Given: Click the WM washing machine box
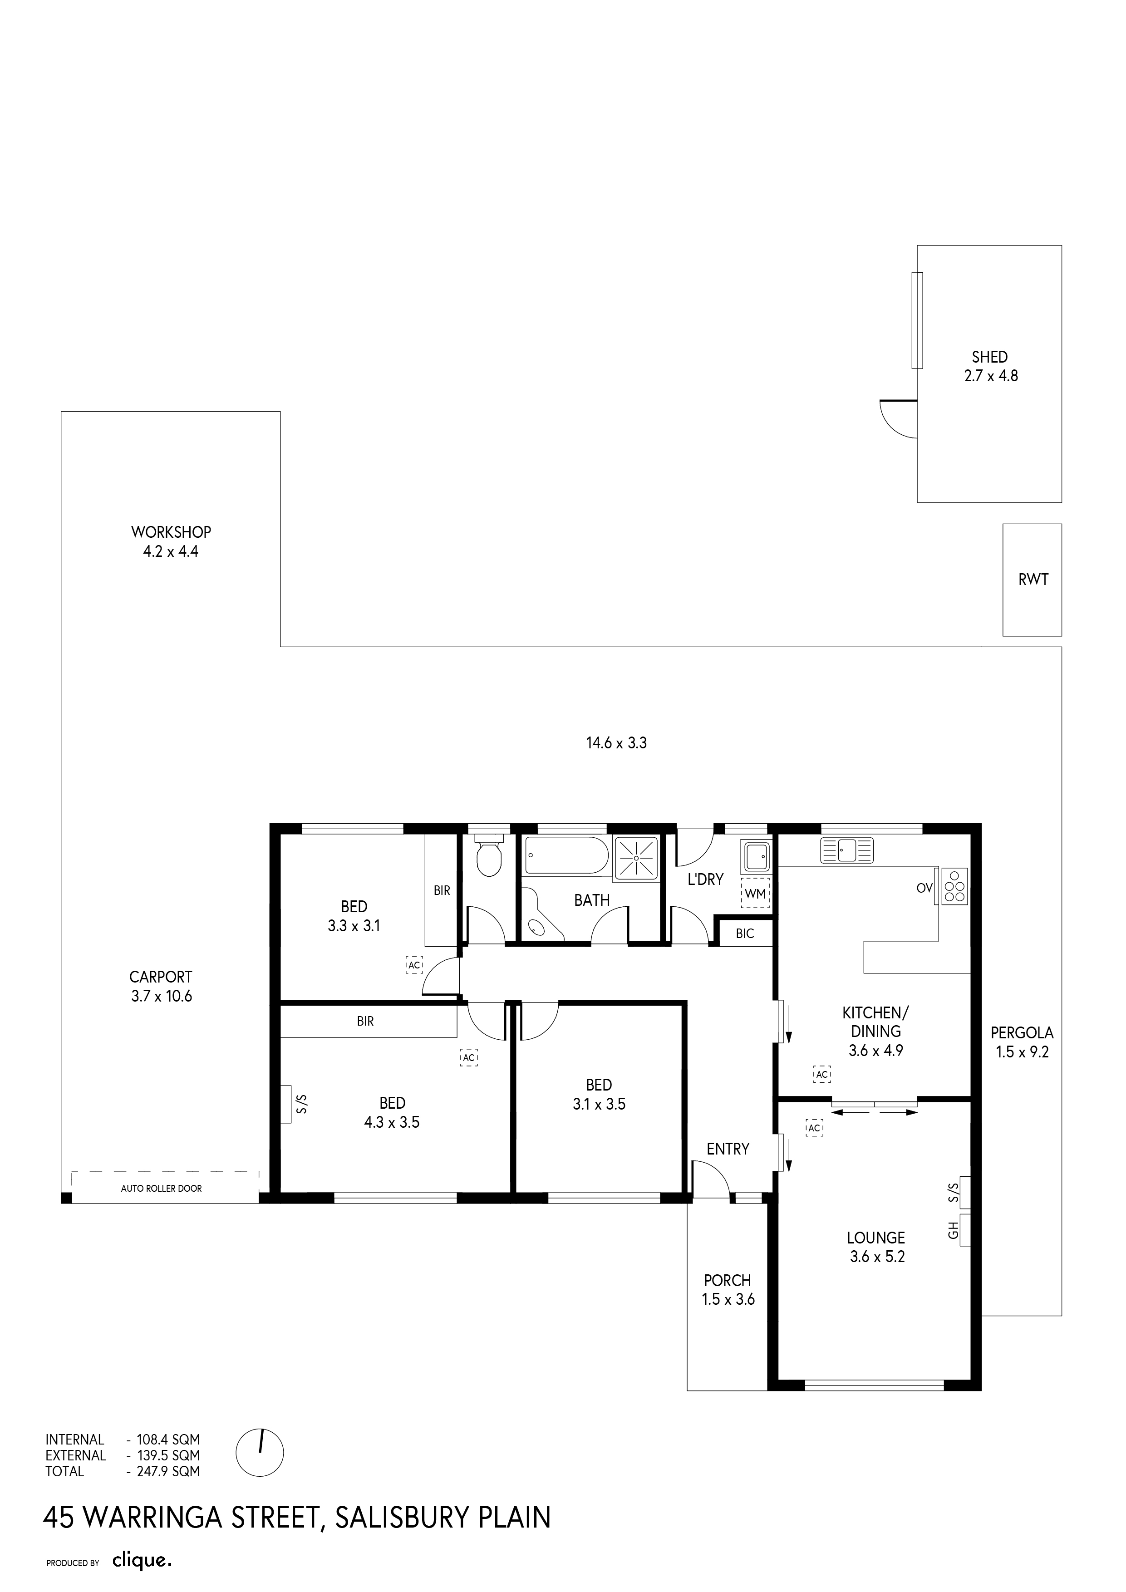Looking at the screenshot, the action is [755, 894].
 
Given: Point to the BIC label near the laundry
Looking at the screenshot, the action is [745, 934].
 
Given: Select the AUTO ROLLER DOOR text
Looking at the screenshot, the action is [162, 1189].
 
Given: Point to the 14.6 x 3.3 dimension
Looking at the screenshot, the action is [616, 743].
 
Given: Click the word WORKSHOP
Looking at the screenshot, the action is [171, 532].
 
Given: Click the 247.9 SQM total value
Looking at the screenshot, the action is [168, 1471].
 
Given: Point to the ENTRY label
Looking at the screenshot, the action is [728, 1149].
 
